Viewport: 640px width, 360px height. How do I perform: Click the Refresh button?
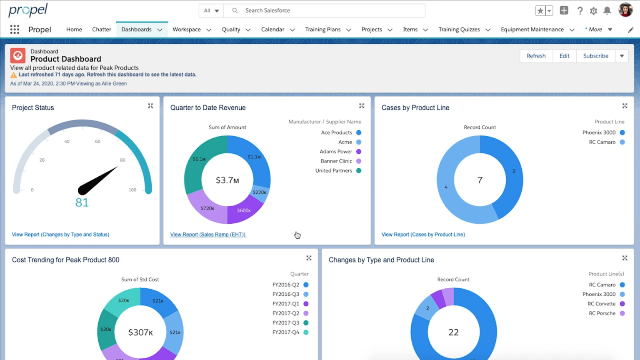point(536,56)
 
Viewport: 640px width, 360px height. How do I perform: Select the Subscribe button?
point(595,56)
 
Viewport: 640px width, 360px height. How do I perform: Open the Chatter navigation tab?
point(101,30)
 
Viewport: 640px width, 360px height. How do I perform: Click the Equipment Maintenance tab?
point(532,30)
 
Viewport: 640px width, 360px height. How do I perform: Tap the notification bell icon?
point(607,11)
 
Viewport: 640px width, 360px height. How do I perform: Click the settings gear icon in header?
point(593,11)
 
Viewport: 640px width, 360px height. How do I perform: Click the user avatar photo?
point(625,10)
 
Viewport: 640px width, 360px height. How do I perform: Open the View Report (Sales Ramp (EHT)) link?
point(208,235)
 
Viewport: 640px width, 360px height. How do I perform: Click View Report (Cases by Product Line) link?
point(423,235)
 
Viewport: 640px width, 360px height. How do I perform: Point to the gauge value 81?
point(82,202)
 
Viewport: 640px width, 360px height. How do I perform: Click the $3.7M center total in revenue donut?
point(227,180)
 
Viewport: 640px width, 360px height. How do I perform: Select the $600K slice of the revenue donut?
point(244,210)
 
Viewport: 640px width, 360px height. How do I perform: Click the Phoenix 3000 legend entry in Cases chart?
point(599,132)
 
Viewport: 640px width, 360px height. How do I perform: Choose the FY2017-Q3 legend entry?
point(286,323)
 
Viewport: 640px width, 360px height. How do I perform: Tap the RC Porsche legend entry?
point(602,313)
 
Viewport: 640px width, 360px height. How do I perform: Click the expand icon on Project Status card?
point(150,106)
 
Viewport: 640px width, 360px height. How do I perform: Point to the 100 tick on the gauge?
point(132,190)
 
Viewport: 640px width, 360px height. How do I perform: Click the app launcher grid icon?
point(15,30)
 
